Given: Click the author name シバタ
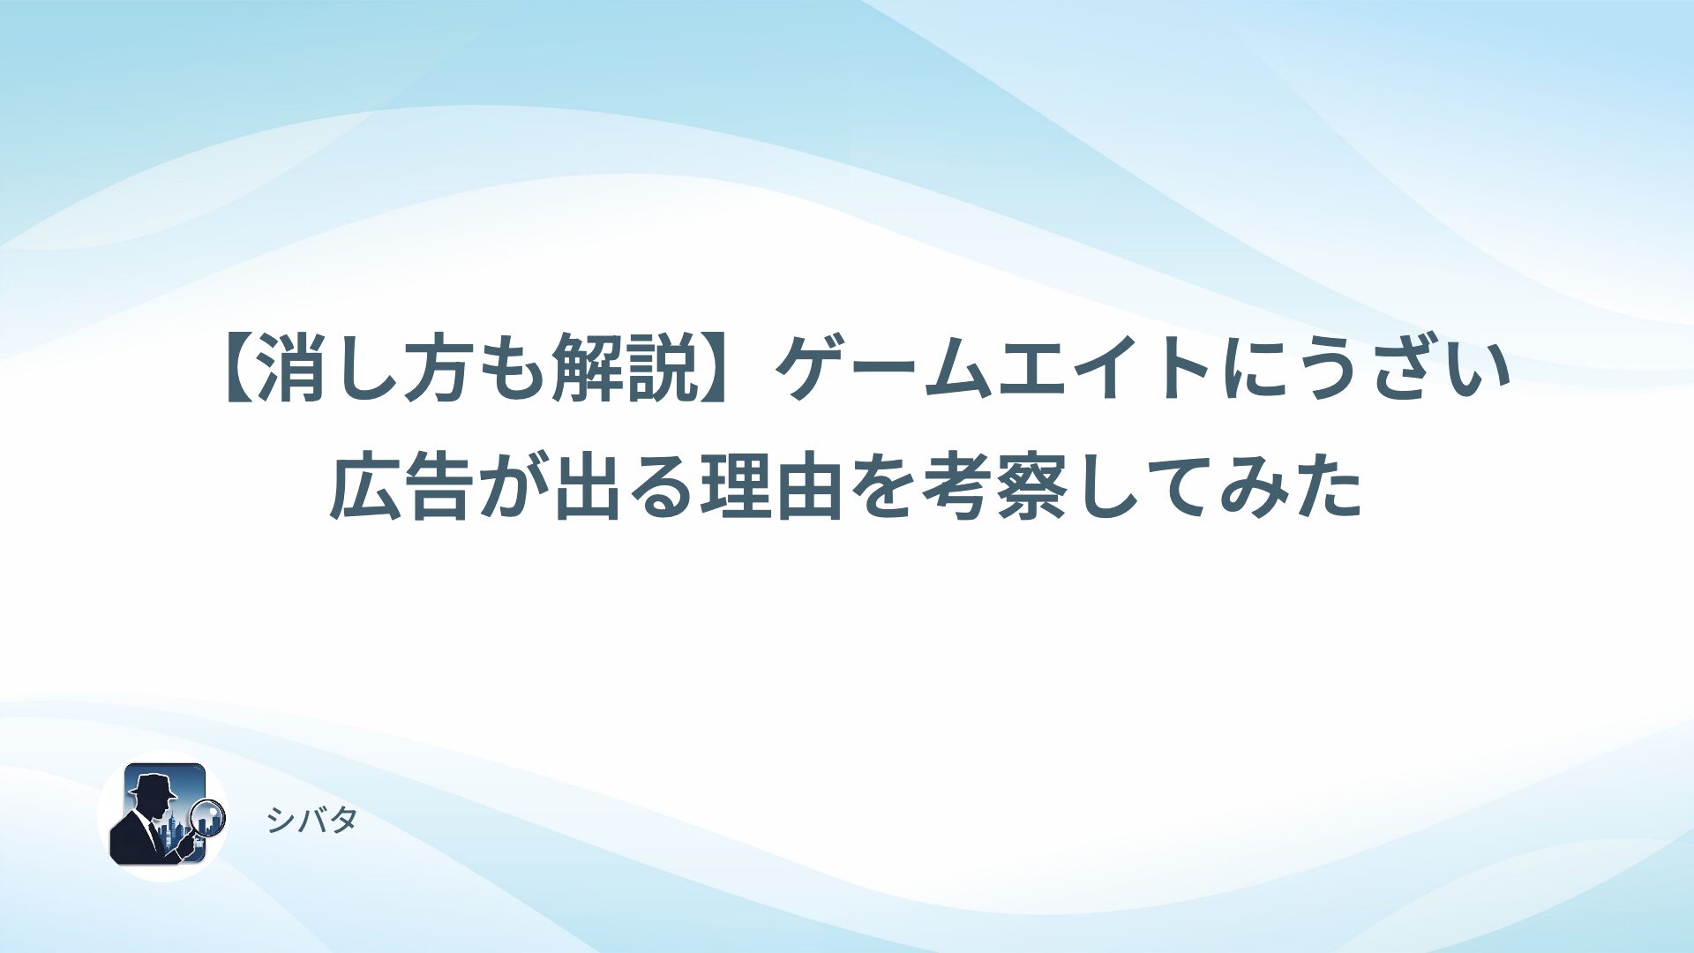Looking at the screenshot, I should click(312, 821).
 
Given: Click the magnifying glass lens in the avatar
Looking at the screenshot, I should click(209, 817).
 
